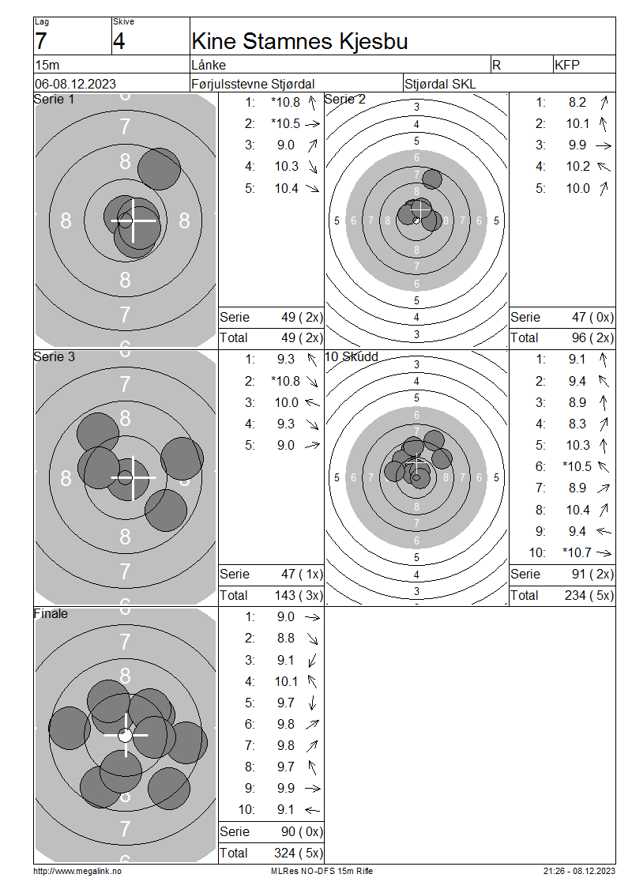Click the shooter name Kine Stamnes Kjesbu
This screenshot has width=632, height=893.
point(299,42)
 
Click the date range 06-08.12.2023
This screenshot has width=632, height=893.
point(75,85)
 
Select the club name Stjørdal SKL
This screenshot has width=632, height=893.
point(439,85)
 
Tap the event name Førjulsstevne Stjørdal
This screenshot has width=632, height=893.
point(253,85)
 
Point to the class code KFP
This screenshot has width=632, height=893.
point(566,65)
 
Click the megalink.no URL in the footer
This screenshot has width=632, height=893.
point(77,871)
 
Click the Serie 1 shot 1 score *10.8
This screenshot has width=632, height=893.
point(286,103)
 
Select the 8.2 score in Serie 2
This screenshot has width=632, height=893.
point(577,103)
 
